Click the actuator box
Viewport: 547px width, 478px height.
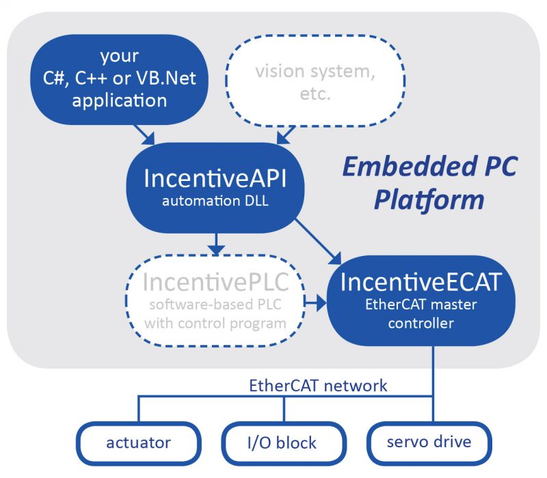[x=138, y=442]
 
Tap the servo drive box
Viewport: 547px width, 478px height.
[x=429, y=442]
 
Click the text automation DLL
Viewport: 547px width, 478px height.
[x=215, y=202]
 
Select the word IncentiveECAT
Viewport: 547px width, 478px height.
[x=420, y=281]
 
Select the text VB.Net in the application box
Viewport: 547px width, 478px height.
[x=168, y=78]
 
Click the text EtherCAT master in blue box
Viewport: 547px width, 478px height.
[x=421, y=305]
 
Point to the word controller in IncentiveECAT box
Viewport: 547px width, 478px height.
[x=421, y=324]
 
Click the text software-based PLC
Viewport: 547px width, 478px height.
[x=215, y=305]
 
